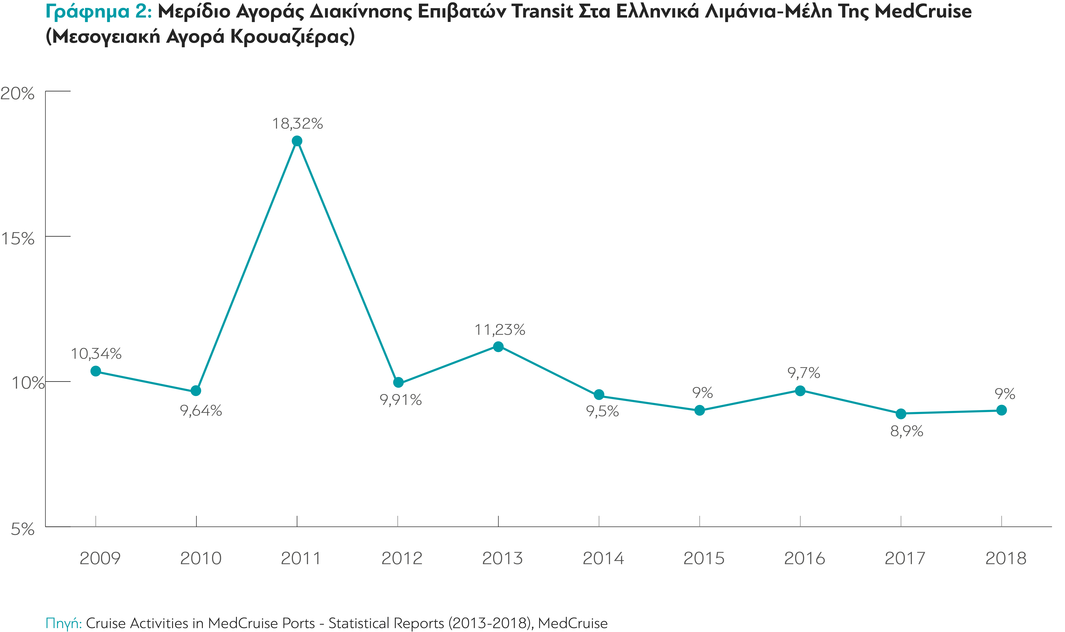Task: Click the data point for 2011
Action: [297, 141]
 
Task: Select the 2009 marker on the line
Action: [96, 371]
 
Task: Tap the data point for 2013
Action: [498, 347]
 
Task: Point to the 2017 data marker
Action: [901, 413]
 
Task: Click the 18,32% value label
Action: [297, 123]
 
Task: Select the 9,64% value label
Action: [201, 411]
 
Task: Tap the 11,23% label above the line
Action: [500, 330]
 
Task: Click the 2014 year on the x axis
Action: [603, 558]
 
